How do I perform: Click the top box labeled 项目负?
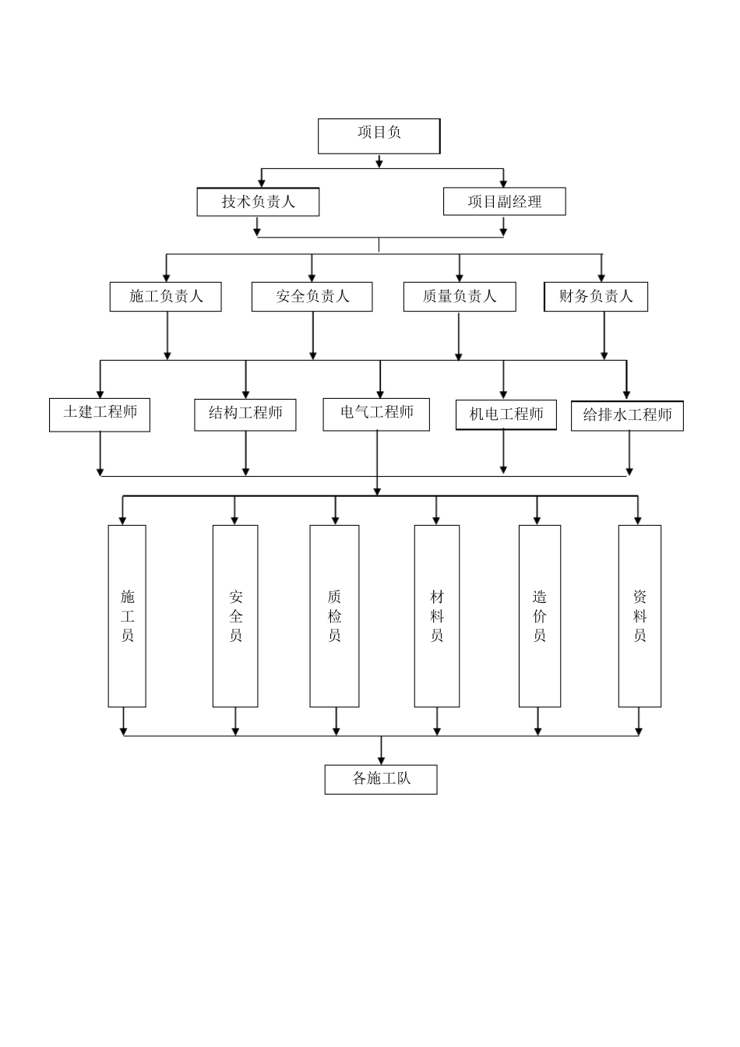pos(379,136)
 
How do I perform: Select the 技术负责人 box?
pos(258,202)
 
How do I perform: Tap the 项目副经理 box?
pos(504,202)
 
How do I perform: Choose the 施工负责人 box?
pos(165,297)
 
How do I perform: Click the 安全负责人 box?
pos(312,297)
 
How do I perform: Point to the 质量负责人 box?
pos(459,297)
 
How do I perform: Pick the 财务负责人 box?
pos(595,297)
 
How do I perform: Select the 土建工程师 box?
pos(100,414)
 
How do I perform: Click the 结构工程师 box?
pos(245,414)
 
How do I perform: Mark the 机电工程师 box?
pos(506,415)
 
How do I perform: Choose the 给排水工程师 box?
pos(627,416)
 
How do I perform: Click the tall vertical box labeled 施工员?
pos(127,616)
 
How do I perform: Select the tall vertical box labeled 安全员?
pos(235,616)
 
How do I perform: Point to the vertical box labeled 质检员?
pos(334,616)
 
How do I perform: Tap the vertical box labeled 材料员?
pos(436,616)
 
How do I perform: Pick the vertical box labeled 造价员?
pos(539,616)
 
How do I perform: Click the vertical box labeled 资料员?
pos(640,616)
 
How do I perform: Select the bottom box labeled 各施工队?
pos(381,779)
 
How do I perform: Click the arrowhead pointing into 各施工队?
pos(381,760)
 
